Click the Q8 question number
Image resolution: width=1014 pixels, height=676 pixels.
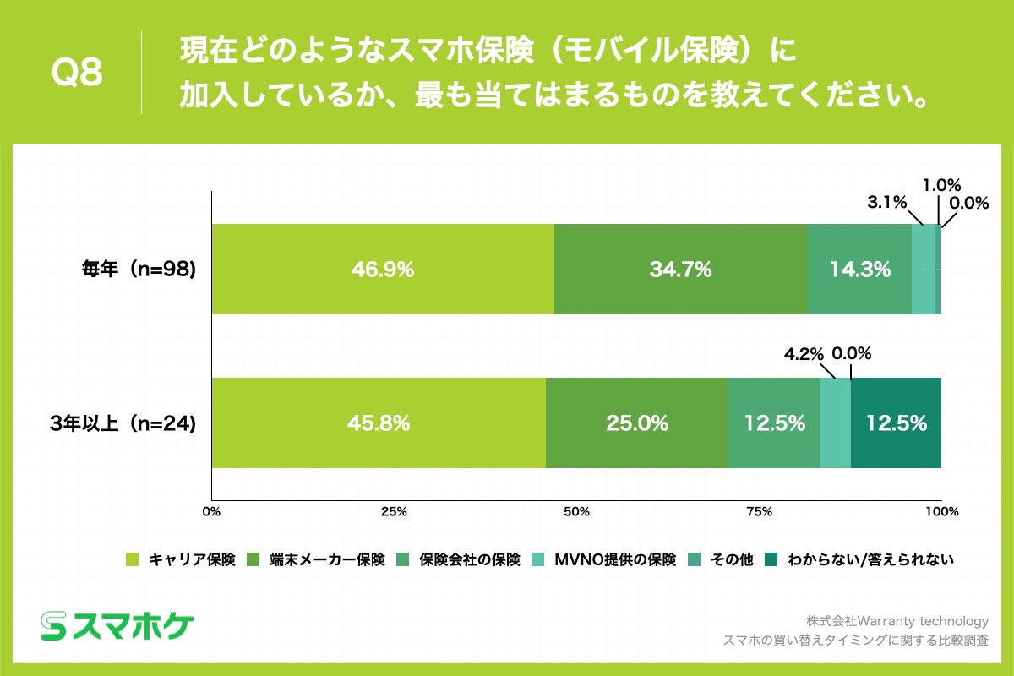(x=77, y=74)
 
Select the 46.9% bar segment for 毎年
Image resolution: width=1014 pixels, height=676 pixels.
(x=383, y=270)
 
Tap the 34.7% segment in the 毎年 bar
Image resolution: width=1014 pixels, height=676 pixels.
(x=680, y=270)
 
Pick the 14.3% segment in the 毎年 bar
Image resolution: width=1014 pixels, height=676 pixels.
(x=859, y=270)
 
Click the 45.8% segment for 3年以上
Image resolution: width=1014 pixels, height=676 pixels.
(x=379, y=423)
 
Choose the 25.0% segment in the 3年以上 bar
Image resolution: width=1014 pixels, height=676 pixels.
(x=637, y=423)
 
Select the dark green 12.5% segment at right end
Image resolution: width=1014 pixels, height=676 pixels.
(x=896, y=423)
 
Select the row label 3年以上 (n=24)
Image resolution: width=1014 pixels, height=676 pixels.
(x=123, y=423)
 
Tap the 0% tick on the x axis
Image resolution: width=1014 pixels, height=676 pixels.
(x=212, y=511)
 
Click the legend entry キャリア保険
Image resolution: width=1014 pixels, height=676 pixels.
(x=182, y=559)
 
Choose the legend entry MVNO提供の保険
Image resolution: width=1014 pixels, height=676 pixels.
(x=605, y=559)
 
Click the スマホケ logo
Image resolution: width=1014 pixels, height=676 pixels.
(x=117, y=625)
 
